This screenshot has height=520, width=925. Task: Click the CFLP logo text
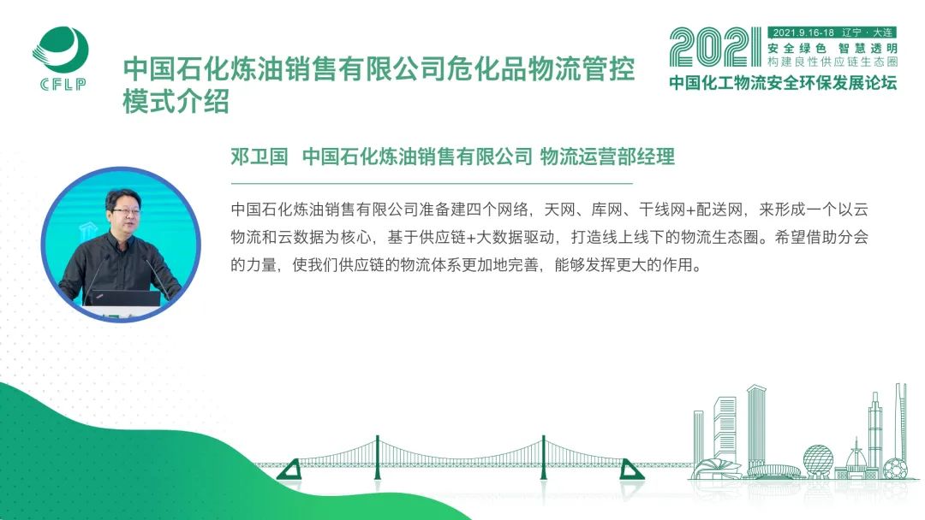coord(63,84)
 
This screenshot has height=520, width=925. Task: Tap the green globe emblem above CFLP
coord(60,50)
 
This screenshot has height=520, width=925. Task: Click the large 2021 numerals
coord(715,47)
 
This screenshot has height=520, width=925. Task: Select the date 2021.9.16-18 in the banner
coord(803,33)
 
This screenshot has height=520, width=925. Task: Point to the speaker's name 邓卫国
coord(259,157)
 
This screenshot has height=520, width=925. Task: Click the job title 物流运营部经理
coord(607,157)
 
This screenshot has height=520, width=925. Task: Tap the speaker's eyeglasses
coord(127,210)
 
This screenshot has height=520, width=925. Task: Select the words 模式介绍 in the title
coord(176,101)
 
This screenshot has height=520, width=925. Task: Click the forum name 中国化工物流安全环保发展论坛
coord(783,82)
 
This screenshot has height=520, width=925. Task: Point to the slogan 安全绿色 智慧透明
coord(832,48)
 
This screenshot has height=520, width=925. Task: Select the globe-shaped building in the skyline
coord(818,460)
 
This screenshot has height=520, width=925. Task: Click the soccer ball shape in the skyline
coord(896,469)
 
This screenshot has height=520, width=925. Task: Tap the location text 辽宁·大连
coord(867,33)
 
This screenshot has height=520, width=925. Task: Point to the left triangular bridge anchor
coord(289,470)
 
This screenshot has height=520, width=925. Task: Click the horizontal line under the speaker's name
coord(431,184)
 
